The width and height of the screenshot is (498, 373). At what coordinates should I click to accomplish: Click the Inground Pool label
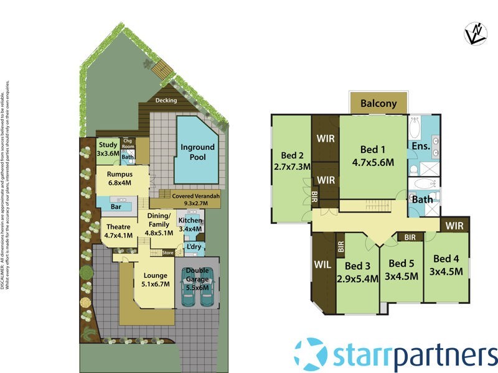pyautogui.click(x=197, y=152)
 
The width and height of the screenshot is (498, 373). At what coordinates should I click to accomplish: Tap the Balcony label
pyautogui.click(x=378, y=104)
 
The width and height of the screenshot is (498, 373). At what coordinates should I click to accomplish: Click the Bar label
pyautogui.click(x=115, y=206)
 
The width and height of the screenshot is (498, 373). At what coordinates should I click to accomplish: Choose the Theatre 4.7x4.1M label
pyautogui.click(x=118, y=231)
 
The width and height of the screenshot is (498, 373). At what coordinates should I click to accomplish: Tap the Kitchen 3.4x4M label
pyautogui.click(x=190, y=224)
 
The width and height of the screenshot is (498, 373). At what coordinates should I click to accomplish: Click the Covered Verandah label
pyautogui.click(x=196, y=200)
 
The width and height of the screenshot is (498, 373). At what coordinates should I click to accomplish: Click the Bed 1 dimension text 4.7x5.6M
pyautogui.click(x=374, y=163)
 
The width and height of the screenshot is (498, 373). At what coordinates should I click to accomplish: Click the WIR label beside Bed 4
pyautogui.click(x=455, y=225)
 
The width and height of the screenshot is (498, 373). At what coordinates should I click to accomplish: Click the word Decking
pyautogui.click(x=166, y=101)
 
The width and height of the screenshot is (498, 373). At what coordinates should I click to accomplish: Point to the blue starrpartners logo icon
pyautogui.click(x=311, y=354)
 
